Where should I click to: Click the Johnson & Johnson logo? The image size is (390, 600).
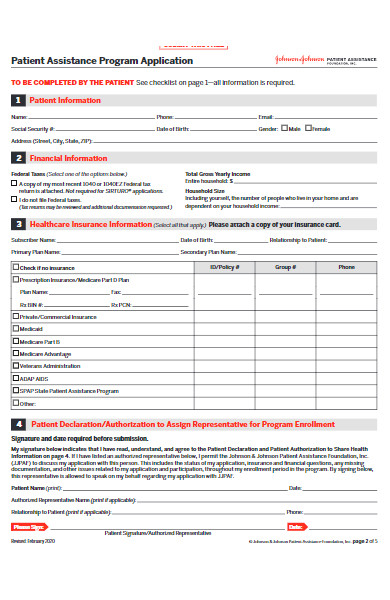point(300,60)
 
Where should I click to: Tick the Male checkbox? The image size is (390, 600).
point(285,129)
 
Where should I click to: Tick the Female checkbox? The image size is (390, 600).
point(310,129)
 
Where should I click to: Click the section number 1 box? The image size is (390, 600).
point(17,101)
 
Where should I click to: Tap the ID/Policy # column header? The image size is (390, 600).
point(225,268)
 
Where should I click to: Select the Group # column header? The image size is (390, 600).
point(286,268)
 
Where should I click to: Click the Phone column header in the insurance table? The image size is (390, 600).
point(346,268)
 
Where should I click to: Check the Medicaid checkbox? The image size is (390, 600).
point(15,329)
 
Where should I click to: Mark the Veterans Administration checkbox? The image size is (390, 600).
point(15,366)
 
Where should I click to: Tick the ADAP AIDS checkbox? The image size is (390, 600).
point(15,379)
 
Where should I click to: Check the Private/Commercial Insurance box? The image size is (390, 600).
point(15,316)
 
